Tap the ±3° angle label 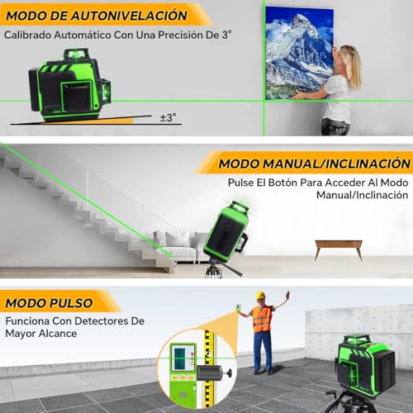click(x=168, y=117)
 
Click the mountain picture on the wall click(x=298, y=50)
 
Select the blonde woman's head click(x=349, y=59)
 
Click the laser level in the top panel click(x=69, y=83)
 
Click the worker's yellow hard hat click(x=260, y=296)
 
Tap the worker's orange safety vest click(x=262, y=319)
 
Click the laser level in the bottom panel click(x=364, y=363)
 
